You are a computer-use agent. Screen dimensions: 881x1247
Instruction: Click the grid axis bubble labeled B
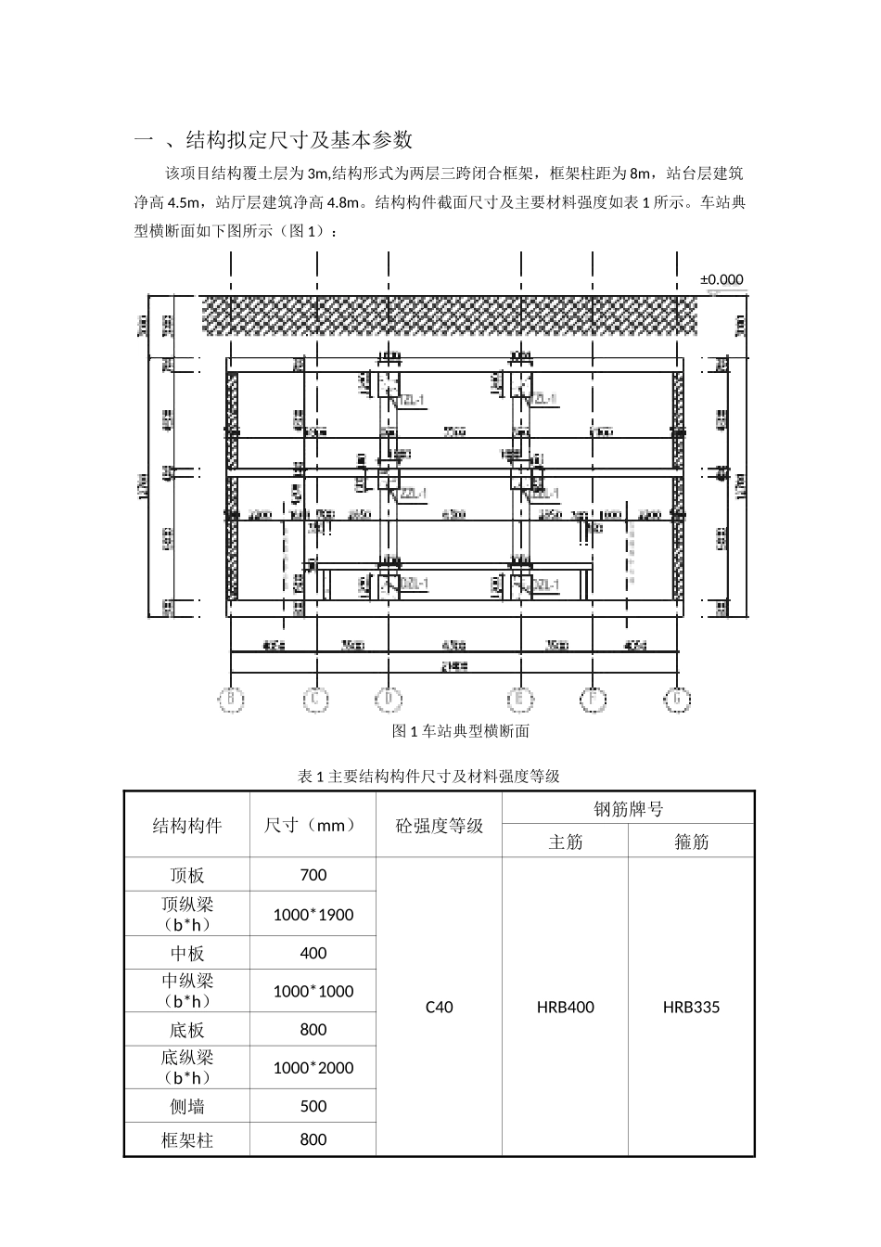coord(231,701)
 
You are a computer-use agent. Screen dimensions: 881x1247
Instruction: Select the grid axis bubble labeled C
coord(315,701)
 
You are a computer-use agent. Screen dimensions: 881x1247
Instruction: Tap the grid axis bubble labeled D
coord(389,701)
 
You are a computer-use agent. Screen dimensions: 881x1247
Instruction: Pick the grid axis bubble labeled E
coord(519,701)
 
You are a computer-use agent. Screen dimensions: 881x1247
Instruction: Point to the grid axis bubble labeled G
coord(678,701)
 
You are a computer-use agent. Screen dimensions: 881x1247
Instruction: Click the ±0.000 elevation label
coord(721,279)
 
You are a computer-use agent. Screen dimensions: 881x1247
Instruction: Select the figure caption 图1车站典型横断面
coord(461,731)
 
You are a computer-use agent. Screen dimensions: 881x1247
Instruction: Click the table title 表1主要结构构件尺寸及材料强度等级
coord(428,776)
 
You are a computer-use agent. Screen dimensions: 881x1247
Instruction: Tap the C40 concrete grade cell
coord(439,1007)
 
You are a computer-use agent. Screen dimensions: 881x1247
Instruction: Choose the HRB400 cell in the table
coord(565,1007)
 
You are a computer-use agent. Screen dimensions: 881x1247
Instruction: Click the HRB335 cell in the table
coord(691,1007)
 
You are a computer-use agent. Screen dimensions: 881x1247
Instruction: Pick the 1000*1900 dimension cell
coord(313,915)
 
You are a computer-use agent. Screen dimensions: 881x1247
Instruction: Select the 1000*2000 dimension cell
coord(313,1068)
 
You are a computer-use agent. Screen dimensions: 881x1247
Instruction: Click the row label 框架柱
coord(186,1140)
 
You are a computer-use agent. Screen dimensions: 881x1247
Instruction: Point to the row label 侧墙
coord(186,1107)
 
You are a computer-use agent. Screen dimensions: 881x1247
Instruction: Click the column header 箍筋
coord(691,842)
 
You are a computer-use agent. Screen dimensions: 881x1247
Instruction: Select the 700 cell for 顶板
coord(313,875)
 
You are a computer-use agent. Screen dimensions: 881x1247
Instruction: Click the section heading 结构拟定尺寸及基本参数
coord(300,140)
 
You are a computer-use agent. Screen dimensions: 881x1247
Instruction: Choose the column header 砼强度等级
coord(439,826)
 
